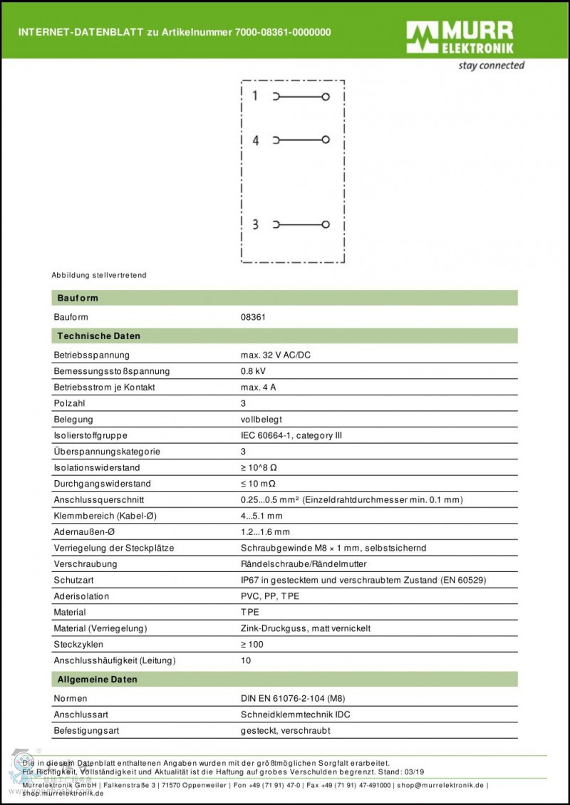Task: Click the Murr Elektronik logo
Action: click(460, 38)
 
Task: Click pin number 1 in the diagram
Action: click(255, 95)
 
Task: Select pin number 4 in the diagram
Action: click(255, 140)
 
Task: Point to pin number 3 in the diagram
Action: click(255, 224)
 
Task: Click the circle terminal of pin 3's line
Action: click(326, 224)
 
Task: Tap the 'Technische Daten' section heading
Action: click(98, 336)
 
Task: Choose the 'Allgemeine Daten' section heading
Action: click(98, 680)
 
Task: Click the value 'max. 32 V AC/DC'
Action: click(281, 355)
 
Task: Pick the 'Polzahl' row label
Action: click(69, 403)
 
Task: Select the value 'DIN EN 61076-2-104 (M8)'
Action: click(293, 698)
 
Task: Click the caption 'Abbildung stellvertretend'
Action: click(99, 275)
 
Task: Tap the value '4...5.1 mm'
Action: click(261, 516)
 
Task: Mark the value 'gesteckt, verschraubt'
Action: click(285, 730)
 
